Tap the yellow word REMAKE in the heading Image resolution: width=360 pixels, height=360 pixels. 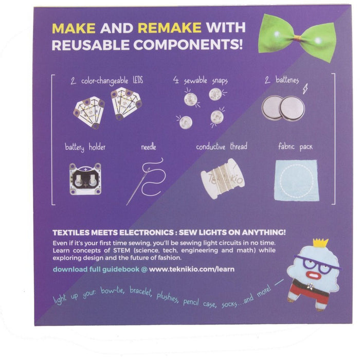point(169,28)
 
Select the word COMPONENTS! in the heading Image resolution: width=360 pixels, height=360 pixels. point(188,45)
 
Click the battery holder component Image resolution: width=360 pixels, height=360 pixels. point(85,179)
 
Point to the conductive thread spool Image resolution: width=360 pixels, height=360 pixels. point(223,178)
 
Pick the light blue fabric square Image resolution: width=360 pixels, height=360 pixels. point(296,180)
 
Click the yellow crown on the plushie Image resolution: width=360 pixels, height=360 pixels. point(321,243)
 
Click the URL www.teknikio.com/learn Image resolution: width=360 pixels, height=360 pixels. point(192,269)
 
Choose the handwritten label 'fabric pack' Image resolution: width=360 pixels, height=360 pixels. point(295,147)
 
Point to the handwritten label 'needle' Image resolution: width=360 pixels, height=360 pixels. point(149,147)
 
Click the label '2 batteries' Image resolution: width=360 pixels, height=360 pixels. point(282,80)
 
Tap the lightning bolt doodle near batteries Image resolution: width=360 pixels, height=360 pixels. point(305,88)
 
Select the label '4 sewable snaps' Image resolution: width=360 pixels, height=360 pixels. point(201,81)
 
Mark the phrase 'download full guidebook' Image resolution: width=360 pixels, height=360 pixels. point(96,269)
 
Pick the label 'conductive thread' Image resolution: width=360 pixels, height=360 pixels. point(222,147)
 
